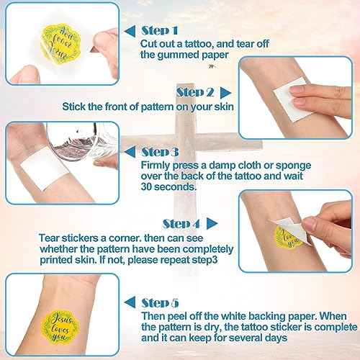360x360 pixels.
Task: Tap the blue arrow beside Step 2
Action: (x=225, y=92)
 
